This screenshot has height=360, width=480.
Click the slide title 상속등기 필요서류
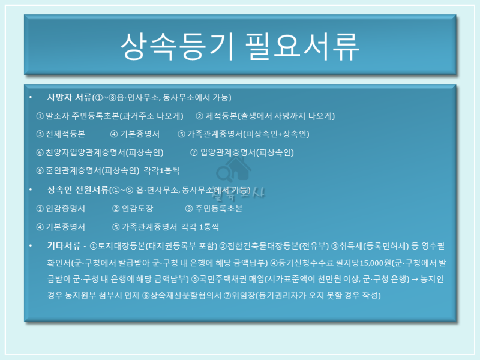click(x=239, y=46)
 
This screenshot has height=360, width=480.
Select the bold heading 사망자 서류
click(x=70, y=97)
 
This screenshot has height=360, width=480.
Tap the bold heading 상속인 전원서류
click(x=78, y=190)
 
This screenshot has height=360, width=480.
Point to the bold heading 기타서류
click(x=64, y=245)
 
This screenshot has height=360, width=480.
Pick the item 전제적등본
click(x=65, y=134)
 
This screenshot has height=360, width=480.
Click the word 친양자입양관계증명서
click(x=85, y=152)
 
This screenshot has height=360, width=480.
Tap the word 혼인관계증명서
click(x=73, y=170)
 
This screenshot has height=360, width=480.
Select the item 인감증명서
click(x=65, y=208)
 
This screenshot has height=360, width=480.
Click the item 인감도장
click(x=137, y=208)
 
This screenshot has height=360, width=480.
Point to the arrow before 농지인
click(x=415, y=279)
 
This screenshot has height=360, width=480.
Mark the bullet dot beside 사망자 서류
click(x=31, y=97)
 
